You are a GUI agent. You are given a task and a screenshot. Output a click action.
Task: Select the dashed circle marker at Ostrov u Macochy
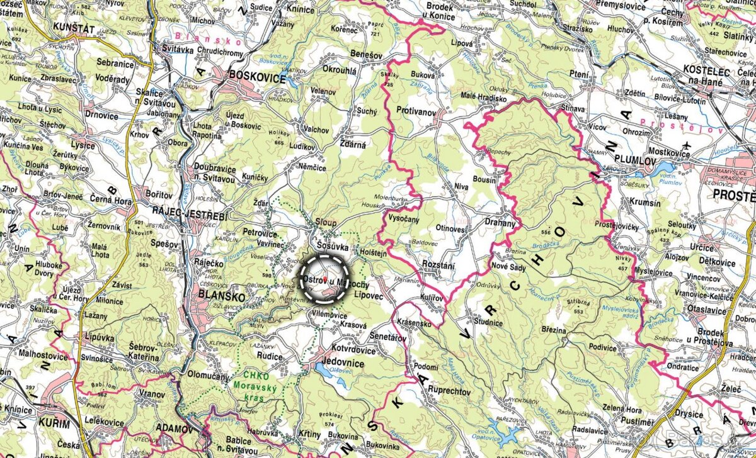(x=324, y=279)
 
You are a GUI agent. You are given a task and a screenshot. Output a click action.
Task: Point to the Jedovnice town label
(x=344, y=362)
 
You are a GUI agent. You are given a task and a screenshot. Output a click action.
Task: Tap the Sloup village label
(x=326, y=223)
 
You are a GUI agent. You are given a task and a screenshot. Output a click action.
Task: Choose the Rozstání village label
(x=438, y=265)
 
